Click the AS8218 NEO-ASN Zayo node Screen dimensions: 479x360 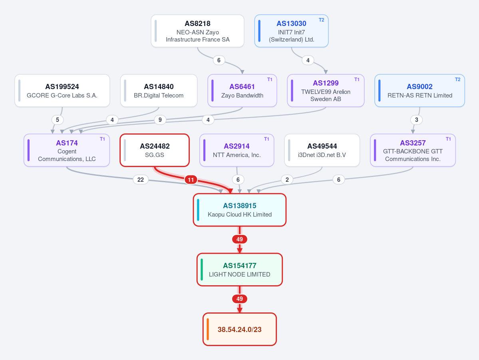[198, 31]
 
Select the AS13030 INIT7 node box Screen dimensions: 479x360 [291, 31]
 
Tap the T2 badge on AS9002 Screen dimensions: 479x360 [457, 80]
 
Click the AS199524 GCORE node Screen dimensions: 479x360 [62, 90]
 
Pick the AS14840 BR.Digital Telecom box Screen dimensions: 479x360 [159, 90]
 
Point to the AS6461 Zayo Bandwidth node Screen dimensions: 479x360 [242, 90]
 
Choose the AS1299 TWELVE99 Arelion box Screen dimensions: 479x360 [326, 90]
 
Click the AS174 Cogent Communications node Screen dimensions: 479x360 [67, 150]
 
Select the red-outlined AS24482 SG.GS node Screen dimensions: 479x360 [155, 150]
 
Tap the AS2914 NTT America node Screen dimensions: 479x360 [237, 150]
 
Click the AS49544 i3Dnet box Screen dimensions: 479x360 [322, 150]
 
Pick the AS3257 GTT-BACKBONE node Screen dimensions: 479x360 [413, 150]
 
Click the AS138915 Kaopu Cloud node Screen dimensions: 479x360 [240, 210]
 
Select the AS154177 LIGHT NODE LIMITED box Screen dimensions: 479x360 [240, 270]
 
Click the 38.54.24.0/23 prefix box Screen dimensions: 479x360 [240, 330]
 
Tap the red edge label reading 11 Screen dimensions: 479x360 [191, 180]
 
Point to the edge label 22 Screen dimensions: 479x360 [141, 180]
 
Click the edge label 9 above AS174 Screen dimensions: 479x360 [160, 120]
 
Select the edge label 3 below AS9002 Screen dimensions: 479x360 [416, 120]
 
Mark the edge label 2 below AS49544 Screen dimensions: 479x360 [287, 180]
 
